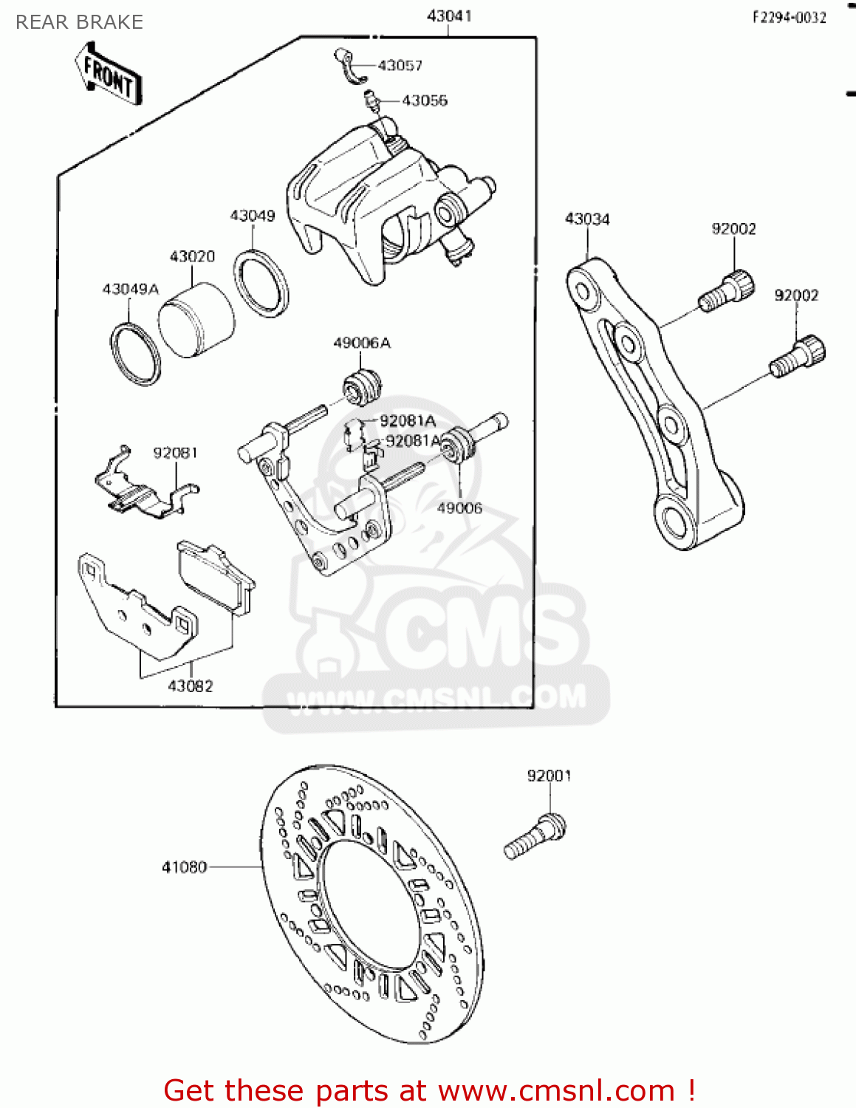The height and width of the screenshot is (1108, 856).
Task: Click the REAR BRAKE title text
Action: click(x=79, y=22)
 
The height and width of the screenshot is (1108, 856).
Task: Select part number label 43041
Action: click(x=449, y=16)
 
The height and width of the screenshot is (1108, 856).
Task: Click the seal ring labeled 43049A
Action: click(x=136, y=354)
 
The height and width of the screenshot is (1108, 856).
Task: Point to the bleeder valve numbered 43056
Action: click(x=372, y=101)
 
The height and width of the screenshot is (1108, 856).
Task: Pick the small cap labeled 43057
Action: click(x=349, y=65)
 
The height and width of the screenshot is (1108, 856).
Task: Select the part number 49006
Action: click(x=459, y=508)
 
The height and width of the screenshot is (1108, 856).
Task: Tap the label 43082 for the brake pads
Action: click(x=191, y=686)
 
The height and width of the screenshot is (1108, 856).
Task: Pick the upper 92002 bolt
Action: click(x=727, y=292)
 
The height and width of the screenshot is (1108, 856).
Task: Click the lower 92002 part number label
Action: click(x=796, y=295)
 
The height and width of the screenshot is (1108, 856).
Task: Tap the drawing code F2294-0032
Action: click(x=789, y=18)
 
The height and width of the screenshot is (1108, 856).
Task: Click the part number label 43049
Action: click(x=253, y=216)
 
